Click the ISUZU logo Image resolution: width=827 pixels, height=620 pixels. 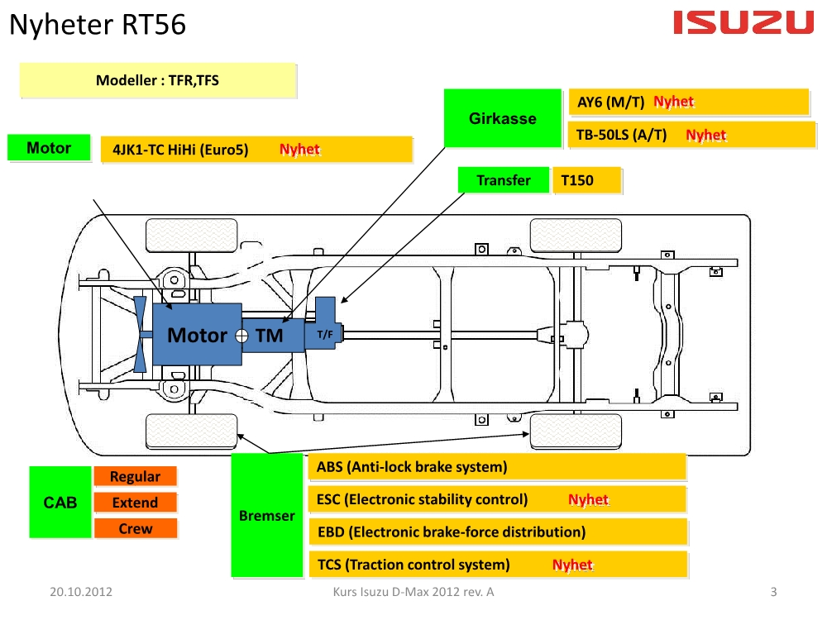[743, 23]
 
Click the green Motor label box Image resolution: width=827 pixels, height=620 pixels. [49, 149]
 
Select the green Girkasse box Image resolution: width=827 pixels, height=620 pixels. [503, 118]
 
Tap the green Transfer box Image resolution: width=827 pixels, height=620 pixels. [504, 180]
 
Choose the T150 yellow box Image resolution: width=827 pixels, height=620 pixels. [586, 180]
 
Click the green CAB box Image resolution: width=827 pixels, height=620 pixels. [60, 502]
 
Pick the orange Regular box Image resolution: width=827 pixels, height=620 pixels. [135, 476]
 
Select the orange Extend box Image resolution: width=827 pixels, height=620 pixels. [135, 503]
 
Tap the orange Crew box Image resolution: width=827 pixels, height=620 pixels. [135, 528]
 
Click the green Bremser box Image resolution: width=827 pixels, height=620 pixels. [266, 516]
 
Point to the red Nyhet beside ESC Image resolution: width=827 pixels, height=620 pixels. [588, 500]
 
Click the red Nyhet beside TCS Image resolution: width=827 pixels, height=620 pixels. [572, 565]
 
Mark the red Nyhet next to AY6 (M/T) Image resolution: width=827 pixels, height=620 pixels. [673, 102]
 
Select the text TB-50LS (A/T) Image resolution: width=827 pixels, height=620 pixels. [621, 135]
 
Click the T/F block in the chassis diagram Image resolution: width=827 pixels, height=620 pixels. [325, 334]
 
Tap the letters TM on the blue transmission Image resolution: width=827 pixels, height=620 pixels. [270, 336]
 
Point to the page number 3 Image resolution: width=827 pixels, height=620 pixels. [773, 592]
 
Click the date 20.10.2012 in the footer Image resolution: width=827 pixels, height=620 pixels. [81, 592]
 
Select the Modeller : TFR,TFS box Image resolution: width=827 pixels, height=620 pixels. [157, 80]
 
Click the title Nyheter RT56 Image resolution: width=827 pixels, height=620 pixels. [97, 26]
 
